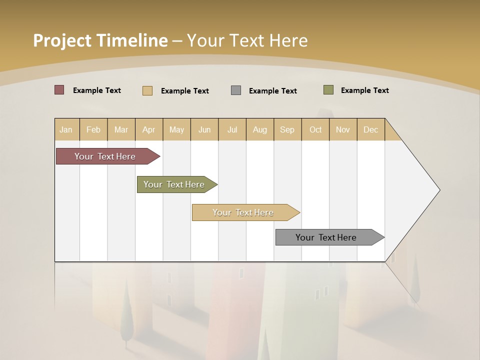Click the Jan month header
pos(66,129)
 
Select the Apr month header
pos(148,129)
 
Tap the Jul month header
pos(232,129)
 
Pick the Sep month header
pos(287,129)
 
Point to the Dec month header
pos(370,129)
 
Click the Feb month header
pos(93,129)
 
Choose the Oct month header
pos(315,129)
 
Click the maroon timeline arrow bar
pos(105,156)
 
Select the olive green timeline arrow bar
pos(174,184)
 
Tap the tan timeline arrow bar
pos(243,212)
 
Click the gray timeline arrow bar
pos(326,237)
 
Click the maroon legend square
pos(59,90)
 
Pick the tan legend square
pos(147,90)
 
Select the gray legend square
pos(236,90)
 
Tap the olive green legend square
pos(328,90)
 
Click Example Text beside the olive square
pos(364,90)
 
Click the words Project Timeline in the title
pos(100,40)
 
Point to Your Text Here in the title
pos(247,40)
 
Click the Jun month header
pos(204,129)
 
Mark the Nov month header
pos(343,129)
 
